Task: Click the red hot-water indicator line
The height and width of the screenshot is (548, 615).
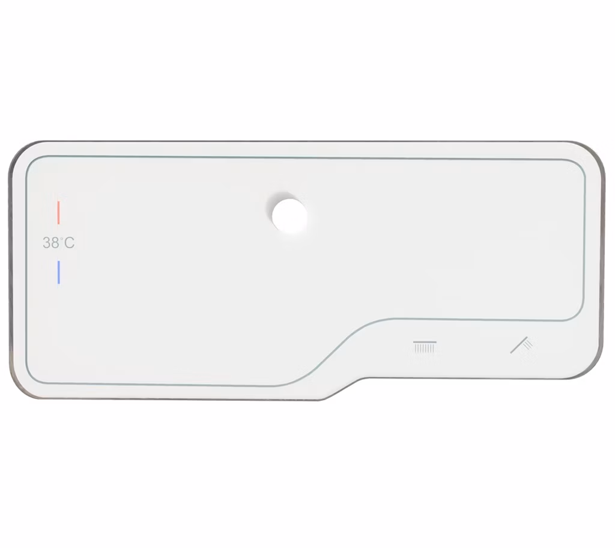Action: click(x=58, y=213)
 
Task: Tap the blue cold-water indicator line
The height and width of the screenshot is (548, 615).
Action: click(x=58, y=272)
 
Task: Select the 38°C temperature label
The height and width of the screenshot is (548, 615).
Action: click(x=58, y=243)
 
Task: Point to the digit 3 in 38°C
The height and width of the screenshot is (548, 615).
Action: click(x=47, y=243)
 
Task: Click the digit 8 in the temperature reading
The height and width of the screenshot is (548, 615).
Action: click(x=55, y=243)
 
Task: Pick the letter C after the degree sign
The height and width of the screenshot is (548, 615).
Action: click(x=69, y=243)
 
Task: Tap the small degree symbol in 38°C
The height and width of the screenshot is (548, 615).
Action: click(x=62, y=239)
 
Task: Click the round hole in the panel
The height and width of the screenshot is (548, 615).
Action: click(x=289, y=216)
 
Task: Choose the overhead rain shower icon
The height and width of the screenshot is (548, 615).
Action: click(x=425, y=347)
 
